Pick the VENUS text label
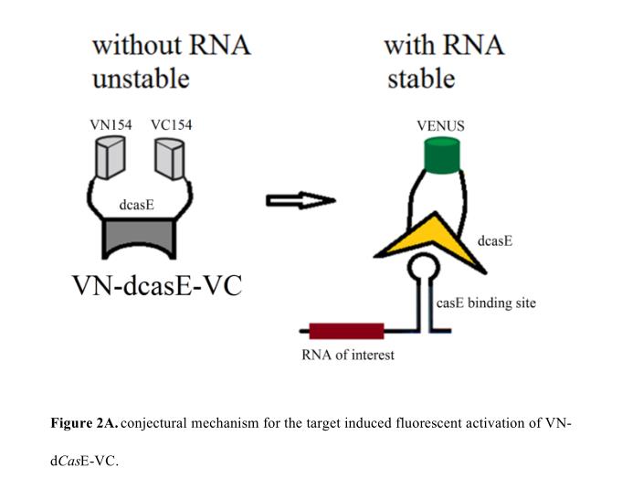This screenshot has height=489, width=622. coord(440,126)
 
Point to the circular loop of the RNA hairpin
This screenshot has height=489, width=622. coord(424,271)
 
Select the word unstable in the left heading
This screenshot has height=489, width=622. coord(141,79)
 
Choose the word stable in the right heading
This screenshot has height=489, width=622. coord(417,79)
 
